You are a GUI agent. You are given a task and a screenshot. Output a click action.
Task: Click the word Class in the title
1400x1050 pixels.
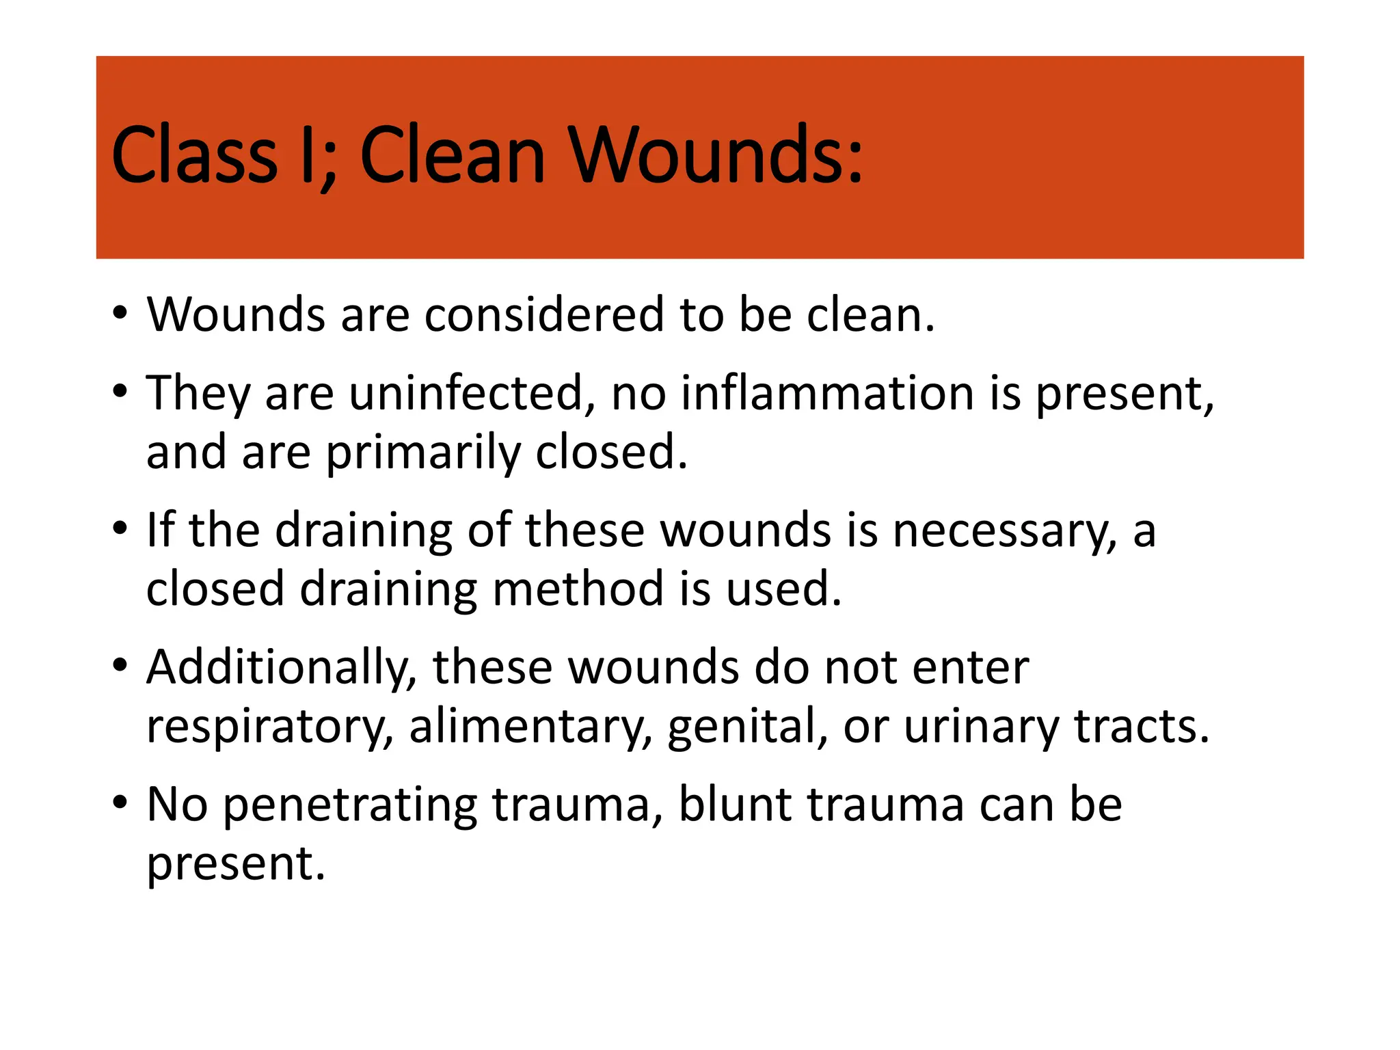coord(194,155)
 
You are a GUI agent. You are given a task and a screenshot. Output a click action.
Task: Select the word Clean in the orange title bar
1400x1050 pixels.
coord(452,155)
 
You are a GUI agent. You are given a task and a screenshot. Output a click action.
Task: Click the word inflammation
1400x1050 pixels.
coord(827,394)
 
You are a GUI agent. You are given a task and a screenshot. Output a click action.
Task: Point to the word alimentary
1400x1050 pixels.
coord(530,727)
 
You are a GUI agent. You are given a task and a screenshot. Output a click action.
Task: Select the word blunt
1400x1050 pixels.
coord(736,804)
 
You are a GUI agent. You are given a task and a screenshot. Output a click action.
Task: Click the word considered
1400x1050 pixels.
coord(544,315)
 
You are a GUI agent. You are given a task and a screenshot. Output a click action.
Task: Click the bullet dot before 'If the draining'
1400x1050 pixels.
coord(120,528)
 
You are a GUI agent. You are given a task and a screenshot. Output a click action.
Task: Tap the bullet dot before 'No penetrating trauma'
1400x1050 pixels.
coord(120,803)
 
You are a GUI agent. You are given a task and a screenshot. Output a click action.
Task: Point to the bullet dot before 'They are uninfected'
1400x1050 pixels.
coord(120,392)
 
